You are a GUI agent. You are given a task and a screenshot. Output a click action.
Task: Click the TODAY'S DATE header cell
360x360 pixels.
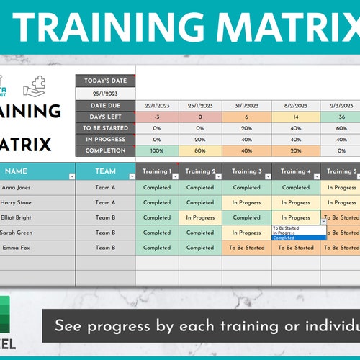(105, 80)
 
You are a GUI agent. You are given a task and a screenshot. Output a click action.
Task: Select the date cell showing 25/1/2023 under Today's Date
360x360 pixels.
(105, 93)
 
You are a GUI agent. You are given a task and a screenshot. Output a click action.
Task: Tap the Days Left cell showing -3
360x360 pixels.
(157, 117)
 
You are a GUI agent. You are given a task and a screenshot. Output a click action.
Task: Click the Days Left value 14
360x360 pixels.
(295, 117)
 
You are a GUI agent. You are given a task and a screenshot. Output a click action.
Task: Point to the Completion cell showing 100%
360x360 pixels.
(157, 150)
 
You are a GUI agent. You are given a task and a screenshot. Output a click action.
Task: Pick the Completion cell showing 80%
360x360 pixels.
(200, 150)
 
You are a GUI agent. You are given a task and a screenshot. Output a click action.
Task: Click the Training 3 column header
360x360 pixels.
(246, 171)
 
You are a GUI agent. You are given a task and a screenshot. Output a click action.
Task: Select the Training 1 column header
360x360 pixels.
(157, 171)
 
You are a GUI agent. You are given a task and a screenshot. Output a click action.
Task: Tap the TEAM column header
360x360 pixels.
(105, 171)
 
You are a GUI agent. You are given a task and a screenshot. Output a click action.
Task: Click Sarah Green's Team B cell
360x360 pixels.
(105, 233)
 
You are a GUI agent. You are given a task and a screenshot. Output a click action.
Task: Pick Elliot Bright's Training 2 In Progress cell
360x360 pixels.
(200, 217)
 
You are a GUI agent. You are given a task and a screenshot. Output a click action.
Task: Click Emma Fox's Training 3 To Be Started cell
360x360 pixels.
(246, 248)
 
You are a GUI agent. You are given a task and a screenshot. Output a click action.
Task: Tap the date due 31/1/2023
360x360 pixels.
(246, 105)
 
